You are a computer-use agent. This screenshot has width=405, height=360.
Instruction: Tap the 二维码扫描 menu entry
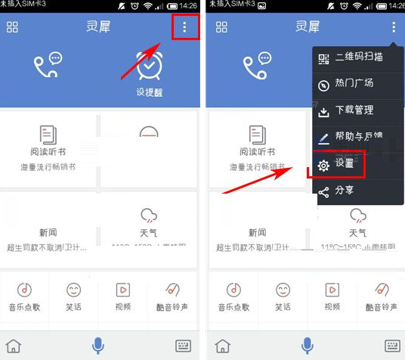coord(359,57)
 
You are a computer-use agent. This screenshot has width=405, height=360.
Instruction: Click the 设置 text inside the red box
coord(345,163)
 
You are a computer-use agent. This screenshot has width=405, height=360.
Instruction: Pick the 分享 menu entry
coord(345,190)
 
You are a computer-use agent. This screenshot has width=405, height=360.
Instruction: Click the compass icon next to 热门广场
coord(324,85)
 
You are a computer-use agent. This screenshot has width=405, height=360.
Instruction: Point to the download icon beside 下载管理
coord(324,111)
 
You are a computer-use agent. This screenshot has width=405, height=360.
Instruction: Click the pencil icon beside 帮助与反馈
coord(324,138)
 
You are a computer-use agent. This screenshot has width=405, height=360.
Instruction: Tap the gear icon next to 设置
coord(324,165)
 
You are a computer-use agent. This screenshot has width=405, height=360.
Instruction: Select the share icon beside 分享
coord(324,191)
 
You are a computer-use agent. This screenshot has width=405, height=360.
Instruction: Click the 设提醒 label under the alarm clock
coord(150,92)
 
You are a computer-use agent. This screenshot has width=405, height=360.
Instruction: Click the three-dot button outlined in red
coord(185,28)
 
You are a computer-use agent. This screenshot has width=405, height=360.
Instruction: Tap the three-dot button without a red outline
coord(394,27)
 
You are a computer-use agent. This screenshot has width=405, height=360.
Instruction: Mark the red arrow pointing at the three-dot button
coord(142,61)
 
